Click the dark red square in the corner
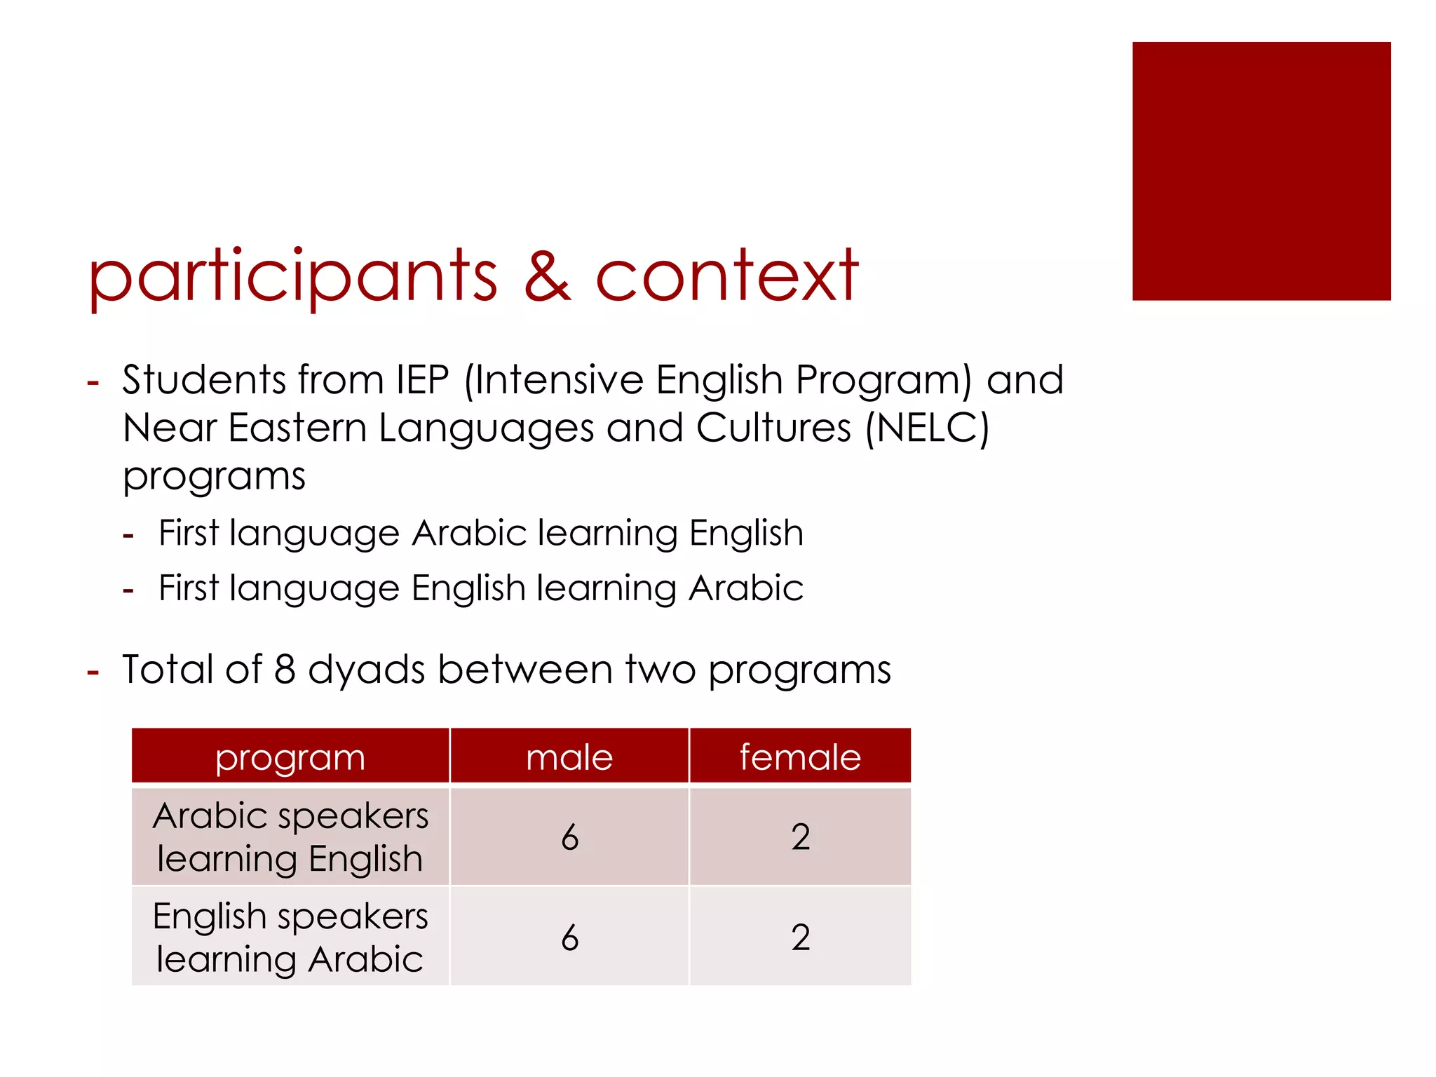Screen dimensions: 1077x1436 [x=1261, y=171]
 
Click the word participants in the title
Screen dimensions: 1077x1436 [x=292, y=277]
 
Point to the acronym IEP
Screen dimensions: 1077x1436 [x=422, y=380]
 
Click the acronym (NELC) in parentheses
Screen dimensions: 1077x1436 [x=927, y=428]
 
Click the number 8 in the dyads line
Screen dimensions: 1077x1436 [x=285, y=669]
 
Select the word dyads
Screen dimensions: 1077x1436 [x=366, y=670]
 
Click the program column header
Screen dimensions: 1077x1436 [x=290, y=757]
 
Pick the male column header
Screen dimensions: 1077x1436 [x=569, y=757]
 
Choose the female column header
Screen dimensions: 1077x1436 [x=800, y=757]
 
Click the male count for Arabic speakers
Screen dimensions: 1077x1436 [x=569, y=837]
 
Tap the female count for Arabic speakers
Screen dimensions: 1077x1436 [x=800, y=837]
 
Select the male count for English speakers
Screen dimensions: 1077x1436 [x=569, y=937]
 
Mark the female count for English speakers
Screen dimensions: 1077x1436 [x=800, y=937]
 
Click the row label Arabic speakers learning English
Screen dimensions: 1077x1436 [x=290, y=837]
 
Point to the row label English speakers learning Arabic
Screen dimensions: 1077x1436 [x=290, y=937]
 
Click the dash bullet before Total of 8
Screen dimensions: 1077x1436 [x=93, y=672]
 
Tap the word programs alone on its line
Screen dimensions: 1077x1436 [x=214, y=477]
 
